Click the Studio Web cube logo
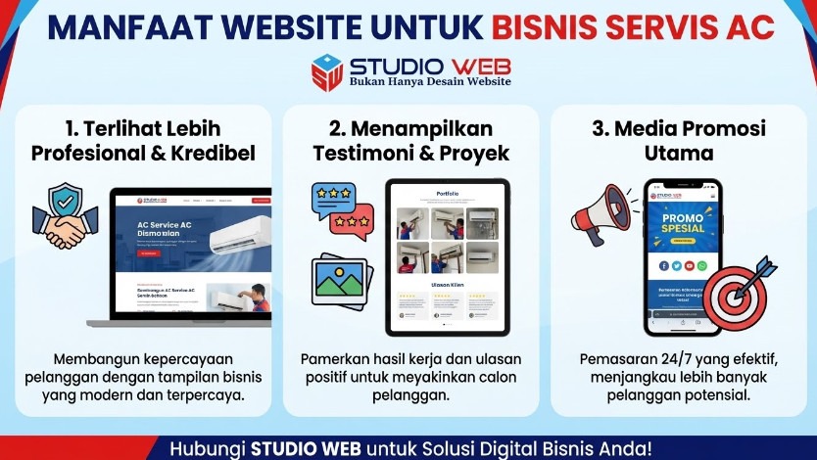(327, 72)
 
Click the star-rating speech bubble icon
(340, 209)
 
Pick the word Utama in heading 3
(679, 154)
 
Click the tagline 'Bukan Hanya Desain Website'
(430, 82)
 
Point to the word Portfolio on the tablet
(447, 194)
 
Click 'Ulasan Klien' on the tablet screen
(447, 284)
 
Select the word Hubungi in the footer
(208, 449)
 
